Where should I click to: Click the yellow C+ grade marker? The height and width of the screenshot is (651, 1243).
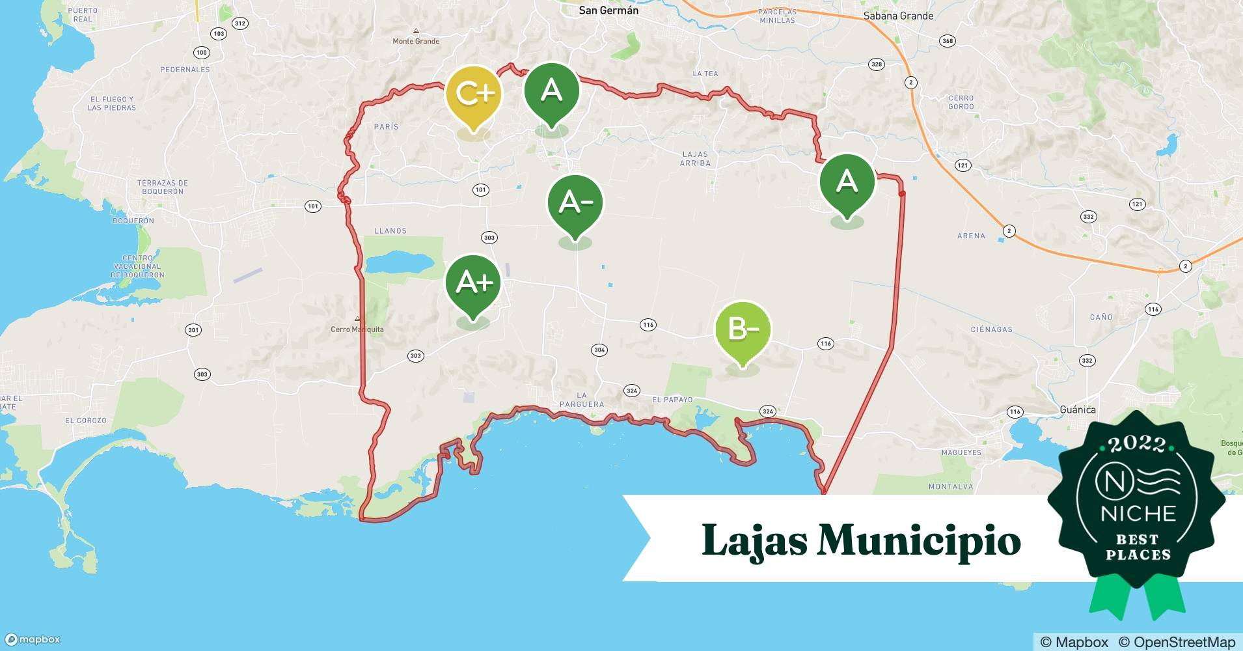[x=474, y=95]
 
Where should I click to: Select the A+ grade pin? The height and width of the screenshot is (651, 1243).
[x=473, y=283]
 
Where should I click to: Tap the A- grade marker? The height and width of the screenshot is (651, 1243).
[x=575, y=203]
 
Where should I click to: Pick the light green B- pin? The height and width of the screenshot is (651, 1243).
[x=743, y=329]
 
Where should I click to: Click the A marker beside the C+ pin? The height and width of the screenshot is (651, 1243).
[x=552, y=90]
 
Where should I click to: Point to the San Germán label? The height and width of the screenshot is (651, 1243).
[x=608, y=10]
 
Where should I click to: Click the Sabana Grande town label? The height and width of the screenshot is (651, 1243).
[x=898, y=16]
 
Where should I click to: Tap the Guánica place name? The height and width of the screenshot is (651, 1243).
[x=1078, y=409]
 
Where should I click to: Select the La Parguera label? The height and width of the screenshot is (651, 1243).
[x=582, y=400]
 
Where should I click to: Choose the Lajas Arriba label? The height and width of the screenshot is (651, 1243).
[x=695, y=159]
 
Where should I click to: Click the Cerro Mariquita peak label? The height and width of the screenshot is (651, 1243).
[x=357, y=329]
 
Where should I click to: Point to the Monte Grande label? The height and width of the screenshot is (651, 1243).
[x=416, y=41]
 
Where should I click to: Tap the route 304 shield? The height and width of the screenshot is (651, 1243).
[x=599, y=350]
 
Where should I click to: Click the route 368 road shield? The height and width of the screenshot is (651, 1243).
[x=948, y=41]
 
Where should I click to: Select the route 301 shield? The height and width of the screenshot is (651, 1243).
[x=193, y=330]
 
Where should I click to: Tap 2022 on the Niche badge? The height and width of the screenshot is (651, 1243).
[x=1137, y=444]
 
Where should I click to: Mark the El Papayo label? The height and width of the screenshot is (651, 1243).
[x=672, y=400]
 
